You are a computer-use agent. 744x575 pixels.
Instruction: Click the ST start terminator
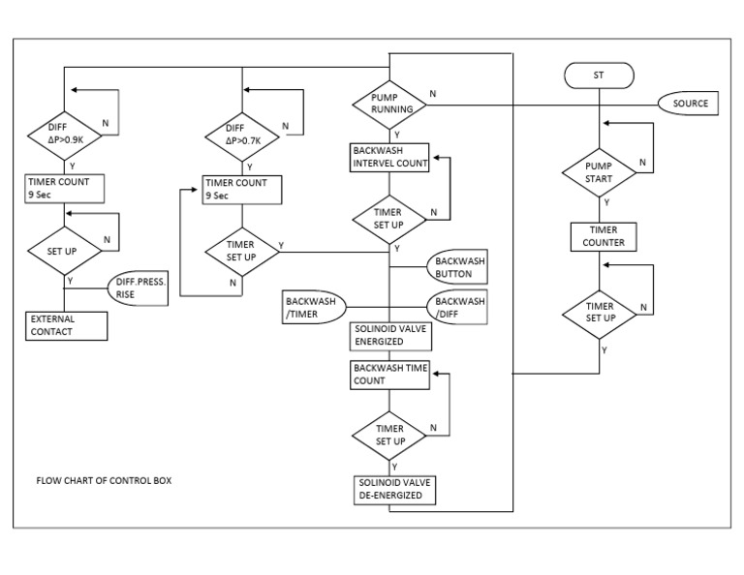598,75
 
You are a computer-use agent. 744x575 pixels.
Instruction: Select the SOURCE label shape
691,104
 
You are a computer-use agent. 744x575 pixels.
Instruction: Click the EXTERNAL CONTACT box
66,325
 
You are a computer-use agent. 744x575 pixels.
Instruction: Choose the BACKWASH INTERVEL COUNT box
389,158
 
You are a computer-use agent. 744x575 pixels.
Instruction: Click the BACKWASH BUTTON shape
455,268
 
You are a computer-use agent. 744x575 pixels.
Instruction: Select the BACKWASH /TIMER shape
315,307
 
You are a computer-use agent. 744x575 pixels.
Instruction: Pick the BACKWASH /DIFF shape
455,307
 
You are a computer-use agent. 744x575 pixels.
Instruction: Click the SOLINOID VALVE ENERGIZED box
389,335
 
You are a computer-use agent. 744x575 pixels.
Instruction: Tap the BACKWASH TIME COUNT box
389,375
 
